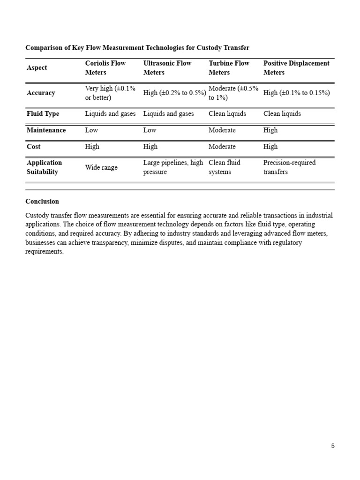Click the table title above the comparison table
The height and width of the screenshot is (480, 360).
click(137, 48)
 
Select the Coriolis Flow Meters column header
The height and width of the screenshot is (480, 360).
click(105, 68)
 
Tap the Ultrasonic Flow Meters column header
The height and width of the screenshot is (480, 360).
click(167, 68)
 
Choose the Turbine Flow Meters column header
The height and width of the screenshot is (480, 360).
click(229, 68)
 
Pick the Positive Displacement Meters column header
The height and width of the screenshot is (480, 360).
click(296, 68)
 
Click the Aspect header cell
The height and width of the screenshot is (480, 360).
click(37, 68)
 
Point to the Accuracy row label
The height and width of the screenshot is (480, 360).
click(41, 93)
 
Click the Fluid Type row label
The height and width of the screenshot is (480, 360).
click(43, 114)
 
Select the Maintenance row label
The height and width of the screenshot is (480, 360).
click(46, 130)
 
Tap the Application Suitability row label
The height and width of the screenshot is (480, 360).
click(44, 167)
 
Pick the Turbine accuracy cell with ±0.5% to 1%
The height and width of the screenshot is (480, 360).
click(233, 93)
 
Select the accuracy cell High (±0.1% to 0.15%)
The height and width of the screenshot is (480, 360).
click(296, 93)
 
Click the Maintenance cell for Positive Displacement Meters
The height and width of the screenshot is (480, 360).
click(270, 130)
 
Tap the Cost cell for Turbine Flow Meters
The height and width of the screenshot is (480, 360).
click(222, 147)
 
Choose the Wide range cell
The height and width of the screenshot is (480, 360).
click(101, 167)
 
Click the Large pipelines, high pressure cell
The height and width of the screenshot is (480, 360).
click(173, 167)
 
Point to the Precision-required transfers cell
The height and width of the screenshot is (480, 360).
click(289, 167)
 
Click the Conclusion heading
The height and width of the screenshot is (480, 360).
click(42, 202)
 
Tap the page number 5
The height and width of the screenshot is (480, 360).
click(333, 446)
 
